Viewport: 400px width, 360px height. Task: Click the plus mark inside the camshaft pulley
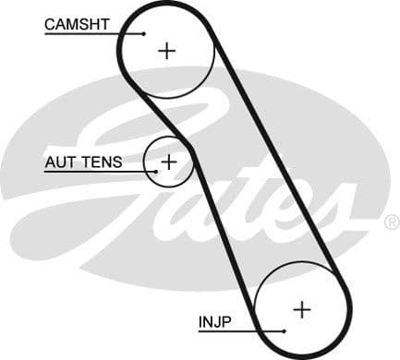pyautogui.click(x=166, y=50)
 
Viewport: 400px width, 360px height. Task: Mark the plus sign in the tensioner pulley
pyautogui.click(x=168, y=162)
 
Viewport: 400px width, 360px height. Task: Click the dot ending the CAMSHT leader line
pyautogui.click(x=144, y=33)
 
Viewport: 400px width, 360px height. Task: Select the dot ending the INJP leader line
pyautogui.click(x=285, y=330)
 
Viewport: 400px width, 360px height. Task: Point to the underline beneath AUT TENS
pyautogui.click(x=92, y=172)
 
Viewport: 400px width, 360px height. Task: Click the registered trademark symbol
pyautogui.click(x=392, y=222)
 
